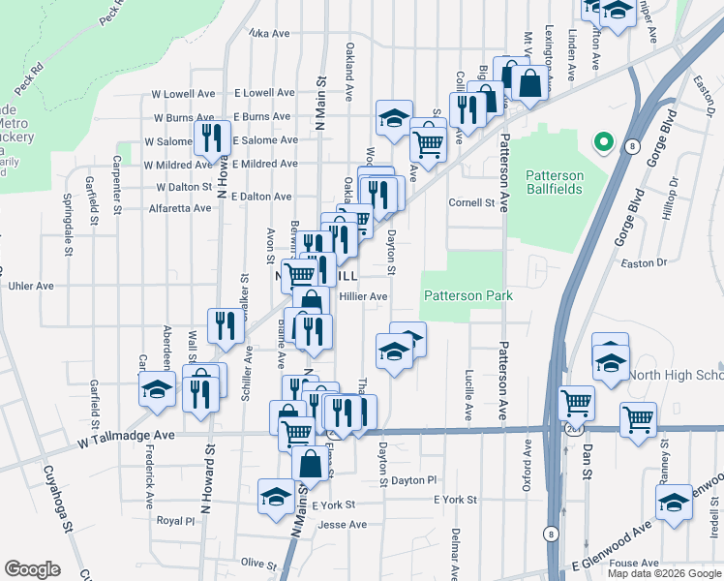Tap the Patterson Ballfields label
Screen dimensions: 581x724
(x=555, y=182)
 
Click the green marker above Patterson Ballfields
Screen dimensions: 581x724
(x=604, y=143)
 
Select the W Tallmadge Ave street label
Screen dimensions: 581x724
(x=127, y=437)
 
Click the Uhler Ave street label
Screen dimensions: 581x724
(x=32, y=286)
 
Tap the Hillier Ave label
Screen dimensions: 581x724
(x=363, y=296)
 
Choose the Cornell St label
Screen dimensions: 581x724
(x=471, y=203)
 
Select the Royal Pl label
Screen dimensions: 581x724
(x=175, y=520)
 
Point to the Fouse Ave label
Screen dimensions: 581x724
(x=635, y=563)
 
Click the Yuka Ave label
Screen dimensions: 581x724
(x=269, y=33)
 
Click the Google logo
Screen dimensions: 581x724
(x=32, y=569)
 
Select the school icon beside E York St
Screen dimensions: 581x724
(x=276, y=496)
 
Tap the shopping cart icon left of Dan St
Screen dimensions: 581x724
(x=576, y=400)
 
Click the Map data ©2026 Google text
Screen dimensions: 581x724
(x=664, y=573)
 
